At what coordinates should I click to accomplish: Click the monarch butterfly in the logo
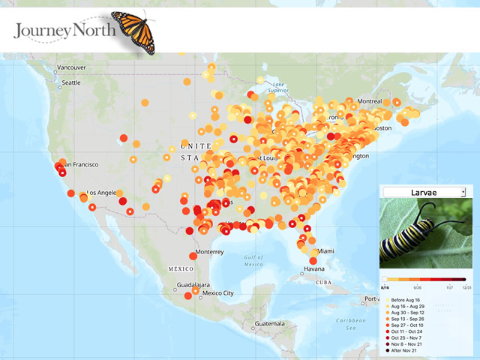point(133,31)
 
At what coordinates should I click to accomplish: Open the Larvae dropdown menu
point(424,193)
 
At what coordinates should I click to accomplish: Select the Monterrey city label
point(210,252)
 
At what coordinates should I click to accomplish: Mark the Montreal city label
point(369,101)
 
